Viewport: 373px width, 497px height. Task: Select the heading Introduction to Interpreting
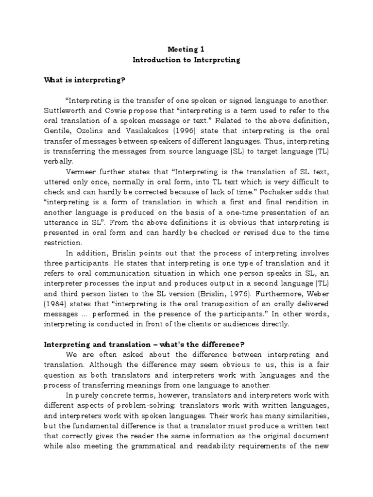186,60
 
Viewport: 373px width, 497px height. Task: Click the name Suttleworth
65,111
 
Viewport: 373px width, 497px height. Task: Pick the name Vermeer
87,172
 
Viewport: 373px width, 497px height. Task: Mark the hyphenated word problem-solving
158,405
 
